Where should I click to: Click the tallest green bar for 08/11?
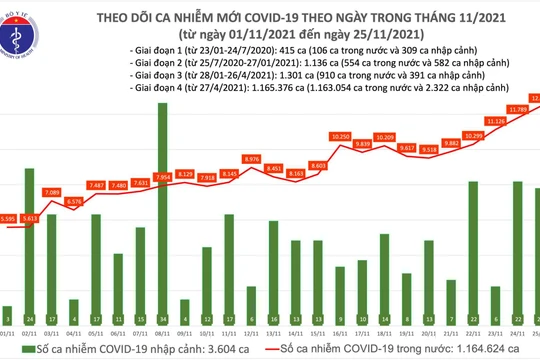tap(161, 210)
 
